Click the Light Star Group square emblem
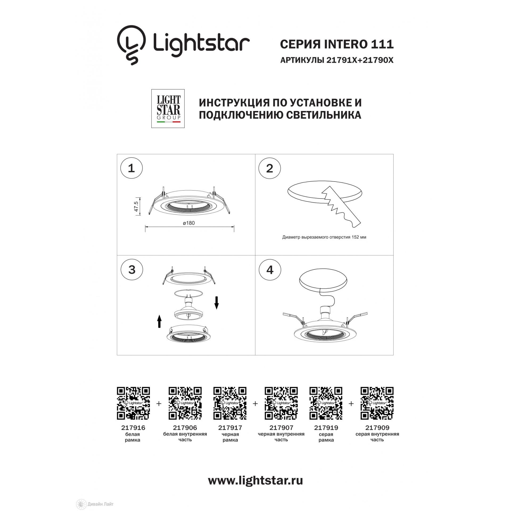tap(168, 108)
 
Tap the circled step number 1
tap(131, 168)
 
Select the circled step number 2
tap(270, 168)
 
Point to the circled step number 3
tap(132, 270)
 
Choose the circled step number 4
tap(270, 270)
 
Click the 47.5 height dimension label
tap(136, 207)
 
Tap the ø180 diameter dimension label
tap(189, 223)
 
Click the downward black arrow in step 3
tap(217, 303)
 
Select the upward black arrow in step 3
tap(159, 321)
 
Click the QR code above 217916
tap(133, 403)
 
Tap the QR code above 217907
tap(281, 403)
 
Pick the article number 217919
tap(326, 428)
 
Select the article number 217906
tap(185, 428)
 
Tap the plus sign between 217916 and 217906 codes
tap(159, 404)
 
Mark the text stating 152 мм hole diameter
tap(324, 237)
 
